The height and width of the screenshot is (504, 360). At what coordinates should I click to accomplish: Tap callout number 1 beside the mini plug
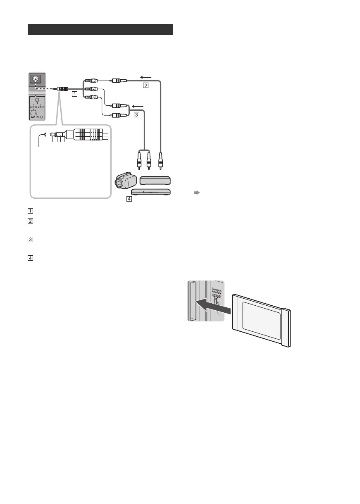click(x=74, y=94)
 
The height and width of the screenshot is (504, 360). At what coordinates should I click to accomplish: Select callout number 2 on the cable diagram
click(x=145, y=86)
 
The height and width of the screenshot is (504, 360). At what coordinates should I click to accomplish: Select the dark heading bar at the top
click(x=100, y=30)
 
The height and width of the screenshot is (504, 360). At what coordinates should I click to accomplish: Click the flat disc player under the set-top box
click(x=150, y=192)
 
